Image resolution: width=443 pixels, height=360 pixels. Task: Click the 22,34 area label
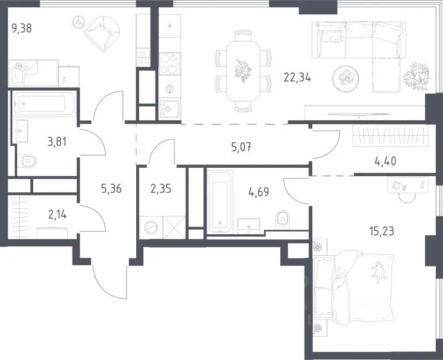pyautogui.click(x=297, y=77)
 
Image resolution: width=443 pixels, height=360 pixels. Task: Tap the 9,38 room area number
pyautogui.click(x=22, y=28)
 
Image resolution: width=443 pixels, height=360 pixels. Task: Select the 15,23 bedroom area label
pyautogui.click(x=382, y=231)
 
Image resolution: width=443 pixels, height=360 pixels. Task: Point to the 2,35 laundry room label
pyautogui.click(x=161, y=188)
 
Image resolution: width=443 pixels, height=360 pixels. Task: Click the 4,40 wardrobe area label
pyautogui.click(x=385, y=162)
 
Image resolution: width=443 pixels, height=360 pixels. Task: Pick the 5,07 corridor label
pyautogui.click(x=241, y=147)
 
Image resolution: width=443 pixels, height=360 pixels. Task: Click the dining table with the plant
pyautogui.click(x=243, y=70)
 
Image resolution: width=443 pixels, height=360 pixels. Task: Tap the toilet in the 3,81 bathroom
pyautogui.click(x=27, y=161)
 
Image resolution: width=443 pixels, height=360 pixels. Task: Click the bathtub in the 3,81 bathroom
pyautogui.click(x=44, y=103)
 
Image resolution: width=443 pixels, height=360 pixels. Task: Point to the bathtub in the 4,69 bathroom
pyautogui.click(x=220, y=202)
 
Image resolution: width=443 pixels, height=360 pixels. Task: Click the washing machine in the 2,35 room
pyautogui.click(x=151, y=228)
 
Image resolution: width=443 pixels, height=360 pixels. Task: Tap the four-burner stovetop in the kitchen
pyautogui.click(x=169, y=64)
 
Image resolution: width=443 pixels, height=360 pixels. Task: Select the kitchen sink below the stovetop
pyautogui.click(x=169, y=109)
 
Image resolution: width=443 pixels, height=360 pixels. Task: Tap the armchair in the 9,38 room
pyautogui.click(x=102, y=33)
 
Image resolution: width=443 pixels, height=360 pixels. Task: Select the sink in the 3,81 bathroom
pyautogui.click(x=20, y=131)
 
